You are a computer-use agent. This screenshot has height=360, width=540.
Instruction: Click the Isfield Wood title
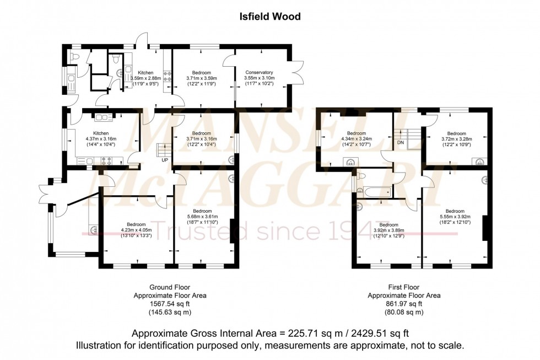click(x=269, y=17)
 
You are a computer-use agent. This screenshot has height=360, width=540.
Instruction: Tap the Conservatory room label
click(x=259, y=72)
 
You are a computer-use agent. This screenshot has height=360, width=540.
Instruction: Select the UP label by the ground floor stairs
click(x=165, y=160)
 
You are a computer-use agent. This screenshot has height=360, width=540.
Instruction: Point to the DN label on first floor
click(x=400, y=142)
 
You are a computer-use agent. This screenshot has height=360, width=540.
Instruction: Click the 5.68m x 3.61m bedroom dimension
click(x=202, y=217)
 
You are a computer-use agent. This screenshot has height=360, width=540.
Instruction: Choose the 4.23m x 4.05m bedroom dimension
click(x=136, y=230)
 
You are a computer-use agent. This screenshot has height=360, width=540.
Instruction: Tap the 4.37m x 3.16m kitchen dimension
click(x=101, y=139)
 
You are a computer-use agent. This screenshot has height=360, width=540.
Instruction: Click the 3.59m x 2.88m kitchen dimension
click(x=145, y=79)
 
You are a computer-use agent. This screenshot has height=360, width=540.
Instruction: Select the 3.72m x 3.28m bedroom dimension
click(x=457, y=139)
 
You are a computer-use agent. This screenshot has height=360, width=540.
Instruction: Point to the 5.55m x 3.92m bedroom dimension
click(x=455, y=217)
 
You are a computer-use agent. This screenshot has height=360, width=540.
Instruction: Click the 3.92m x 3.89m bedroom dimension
click(x=388, y=231)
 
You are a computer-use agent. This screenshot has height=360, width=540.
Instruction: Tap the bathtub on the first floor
click(x=375, y=192)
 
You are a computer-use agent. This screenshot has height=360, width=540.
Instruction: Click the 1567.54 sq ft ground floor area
click(x=170, y=304)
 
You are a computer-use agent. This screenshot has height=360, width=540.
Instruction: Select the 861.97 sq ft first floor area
click(x=404, y=304)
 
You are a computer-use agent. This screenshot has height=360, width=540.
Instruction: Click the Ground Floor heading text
click(x=170, y=287)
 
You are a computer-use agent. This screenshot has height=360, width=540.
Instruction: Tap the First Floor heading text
click(x=404, y=287)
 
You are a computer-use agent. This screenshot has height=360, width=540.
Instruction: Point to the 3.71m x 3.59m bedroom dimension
click(x=202, y=79)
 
